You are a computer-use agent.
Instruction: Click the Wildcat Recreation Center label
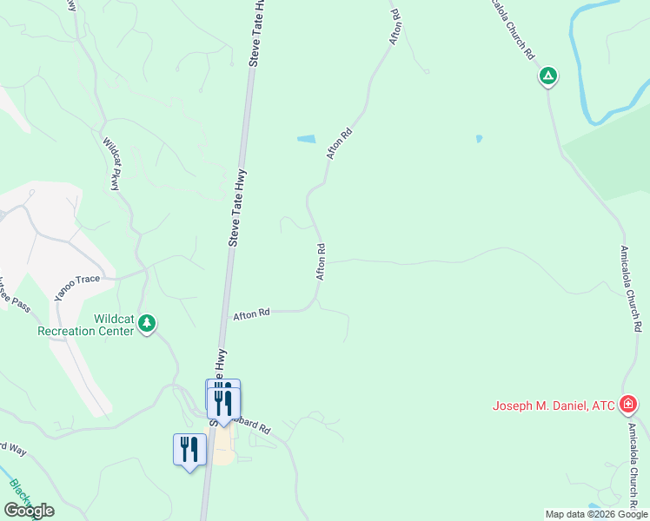pyautogui.click(x=85, y=324)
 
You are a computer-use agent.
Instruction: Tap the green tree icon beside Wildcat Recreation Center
pyautogui.click(x=148, y=325)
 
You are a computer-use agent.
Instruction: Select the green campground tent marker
pyautogui.click(x=547, y=76)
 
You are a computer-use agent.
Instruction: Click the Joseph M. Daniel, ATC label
pyautogui.click(x=553, y=406)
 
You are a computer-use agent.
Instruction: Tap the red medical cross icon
pyautogui.click(x=628, y=404)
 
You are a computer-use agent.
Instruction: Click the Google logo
pyautogui.click(x=29, y=511)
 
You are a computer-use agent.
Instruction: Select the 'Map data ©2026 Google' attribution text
pyautogui.click(x=596, y=514)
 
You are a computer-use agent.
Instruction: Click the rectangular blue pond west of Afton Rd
pyautogui.click(x=306, y=138)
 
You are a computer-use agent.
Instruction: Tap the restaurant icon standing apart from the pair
pyautogui.click(x=189, y=450)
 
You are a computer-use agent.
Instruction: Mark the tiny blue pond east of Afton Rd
pyautogui.click(x=478, y=138)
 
